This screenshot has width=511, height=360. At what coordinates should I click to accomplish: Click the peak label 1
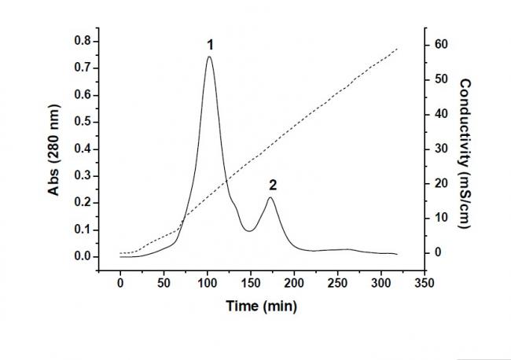(210, 46)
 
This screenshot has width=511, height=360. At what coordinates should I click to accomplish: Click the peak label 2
(272, 186)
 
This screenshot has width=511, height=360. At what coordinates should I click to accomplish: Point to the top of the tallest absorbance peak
(210, 57)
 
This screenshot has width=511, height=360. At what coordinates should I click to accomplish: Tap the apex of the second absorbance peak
(270, 197)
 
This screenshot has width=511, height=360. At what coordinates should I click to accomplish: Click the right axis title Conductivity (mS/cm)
(464, 148)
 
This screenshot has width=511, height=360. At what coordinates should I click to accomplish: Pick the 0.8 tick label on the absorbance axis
(81, 41)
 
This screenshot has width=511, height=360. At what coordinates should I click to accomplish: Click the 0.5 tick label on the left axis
(81, 122)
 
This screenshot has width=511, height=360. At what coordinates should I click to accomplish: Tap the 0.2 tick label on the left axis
(81, 203)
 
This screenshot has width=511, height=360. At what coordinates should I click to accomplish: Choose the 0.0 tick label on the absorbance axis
(81, 256)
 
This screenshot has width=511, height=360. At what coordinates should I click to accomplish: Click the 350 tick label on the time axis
(424, 282)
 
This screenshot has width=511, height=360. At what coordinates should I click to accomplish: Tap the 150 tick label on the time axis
(250, 282)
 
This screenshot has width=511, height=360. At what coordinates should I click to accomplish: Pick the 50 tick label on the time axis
(164, 282)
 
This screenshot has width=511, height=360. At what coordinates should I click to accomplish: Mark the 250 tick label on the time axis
(337, 282)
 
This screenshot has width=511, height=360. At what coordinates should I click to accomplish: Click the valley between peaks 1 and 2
(249, 230)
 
